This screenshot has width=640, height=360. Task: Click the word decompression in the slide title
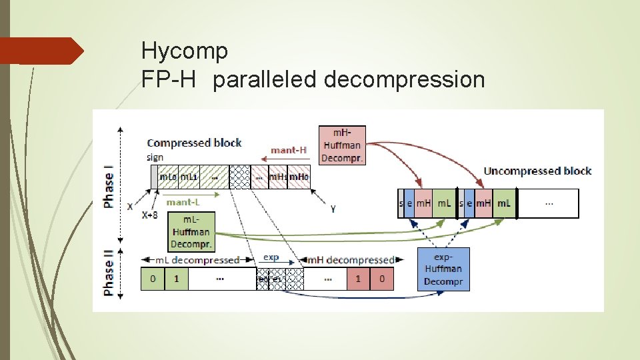click(x=404, y=79)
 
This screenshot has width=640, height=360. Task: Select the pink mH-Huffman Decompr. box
click(x=341, y=145)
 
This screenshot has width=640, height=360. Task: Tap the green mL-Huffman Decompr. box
click(x=190, y=232)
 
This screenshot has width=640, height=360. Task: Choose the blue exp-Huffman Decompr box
click(x=443, y=269)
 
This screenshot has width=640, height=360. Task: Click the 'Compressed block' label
click(x=194, y=143)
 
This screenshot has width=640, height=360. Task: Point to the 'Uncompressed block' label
click(x=537, y=171)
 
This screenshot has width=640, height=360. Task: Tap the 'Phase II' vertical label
click(x=109, y=272)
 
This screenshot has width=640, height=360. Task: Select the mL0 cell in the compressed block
click(x=168, y=177)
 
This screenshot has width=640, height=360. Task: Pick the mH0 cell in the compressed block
click(x=299, y=177)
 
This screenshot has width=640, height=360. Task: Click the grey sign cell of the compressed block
click(x=155, y=177)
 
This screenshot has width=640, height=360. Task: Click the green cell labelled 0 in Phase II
click(x=153, y=279)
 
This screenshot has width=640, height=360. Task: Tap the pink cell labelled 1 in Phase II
click(x=357, y=279)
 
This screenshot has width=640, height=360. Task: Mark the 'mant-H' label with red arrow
click(x=288, y=150)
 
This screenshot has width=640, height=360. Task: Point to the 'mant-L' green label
click(x=182, y=201)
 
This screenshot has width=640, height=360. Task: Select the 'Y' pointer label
click(x=333, y=209)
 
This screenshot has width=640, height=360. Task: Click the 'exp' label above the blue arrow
click(x=271, y=257)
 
